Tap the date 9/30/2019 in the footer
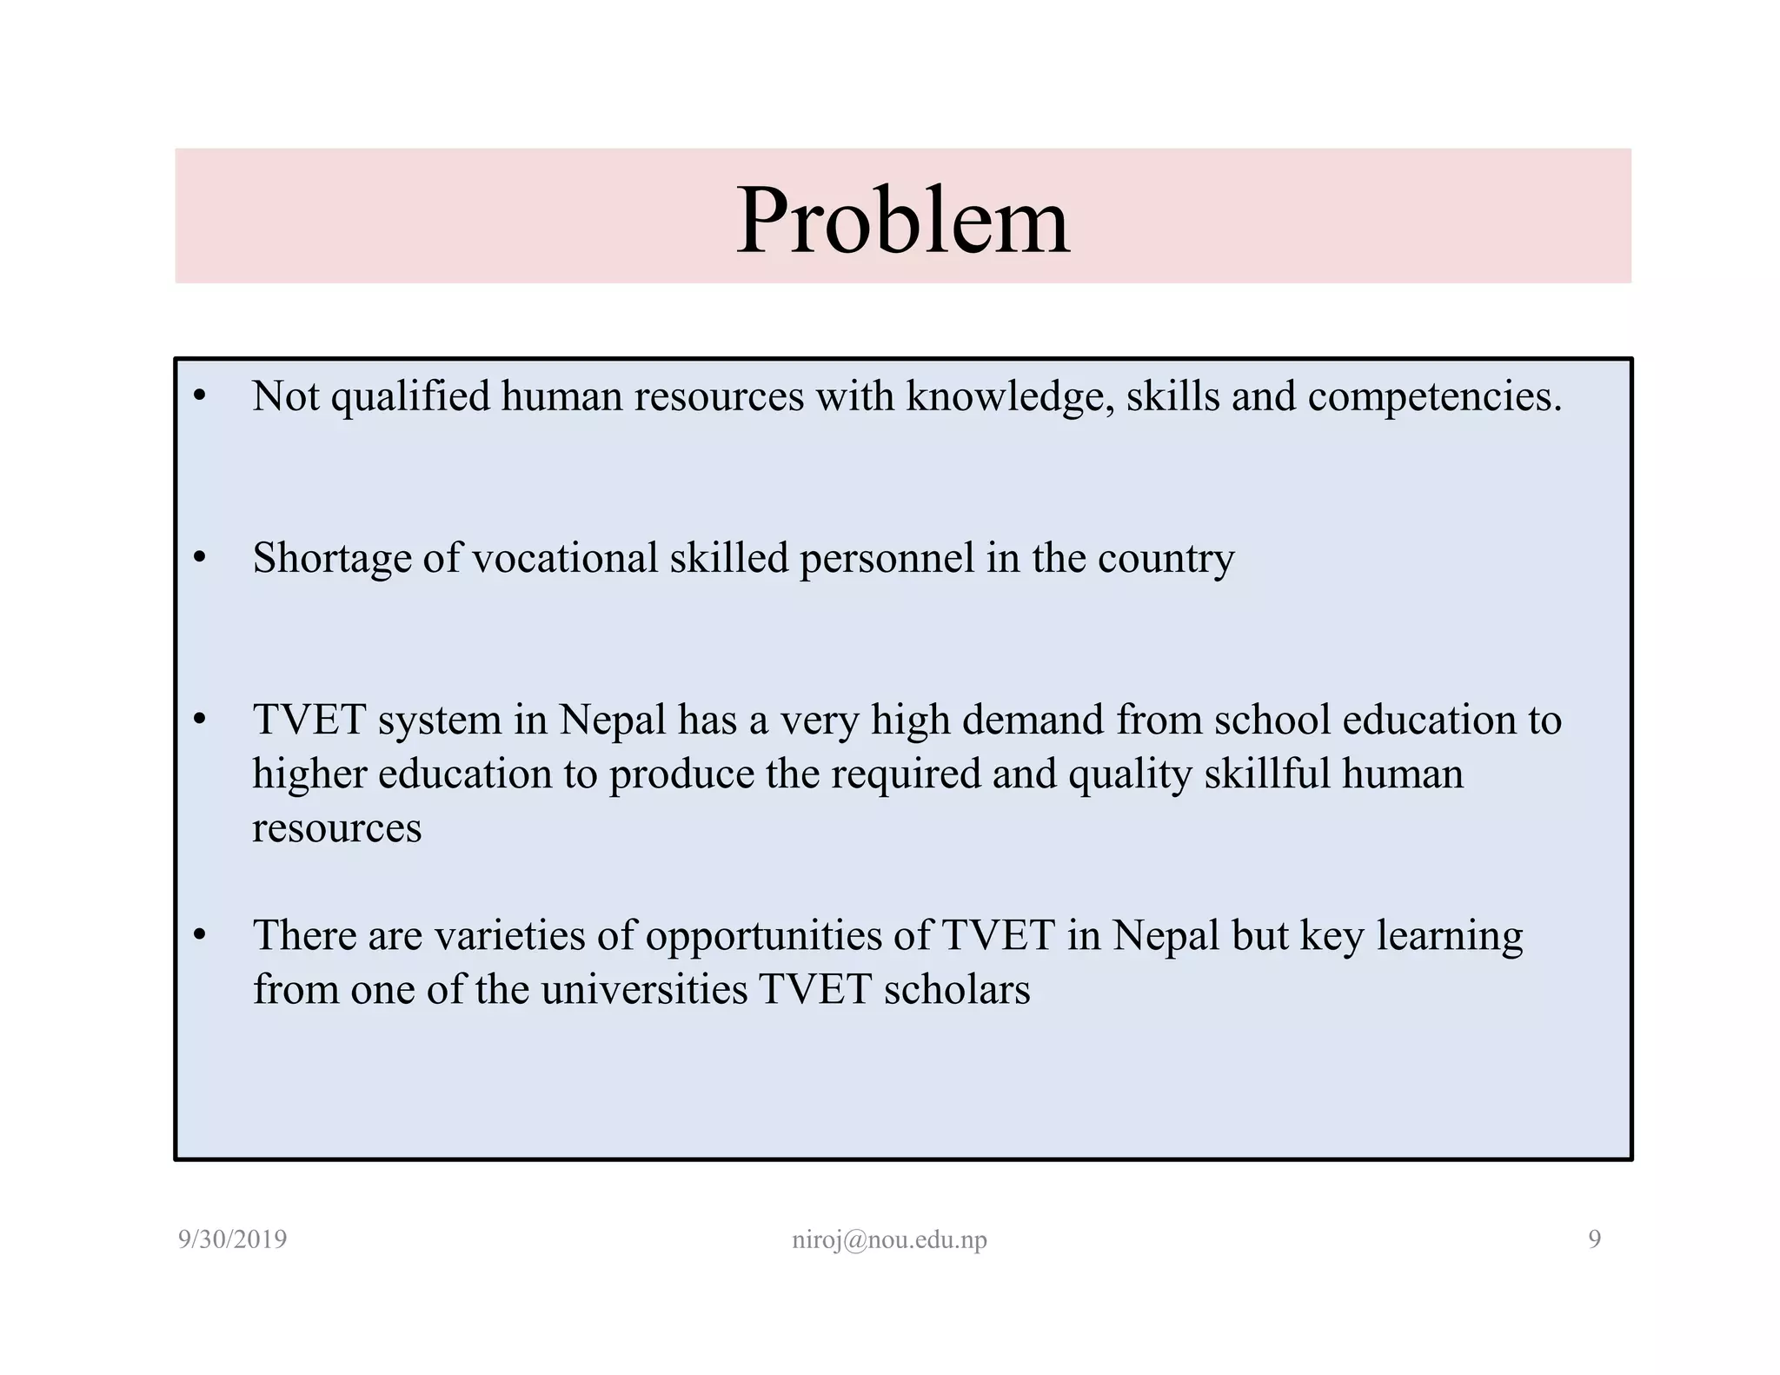coord(232,1239)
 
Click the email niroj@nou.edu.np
coord(889,1239)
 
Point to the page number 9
coord(1594,1239)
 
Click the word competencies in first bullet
coord(1434,396)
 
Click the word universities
coord(644,990)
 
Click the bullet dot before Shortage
coord(200,558)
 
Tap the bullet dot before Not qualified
coord(200,396)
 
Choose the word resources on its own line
coord(336,827)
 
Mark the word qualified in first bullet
coord(410,396)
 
